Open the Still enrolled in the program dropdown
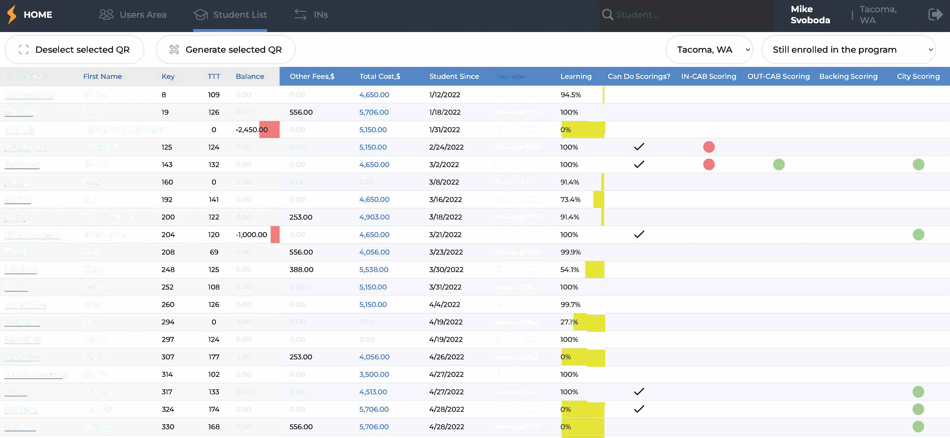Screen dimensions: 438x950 [848, 49]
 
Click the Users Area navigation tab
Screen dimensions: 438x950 [133, 15]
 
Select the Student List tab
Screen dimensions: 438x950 [230, 15]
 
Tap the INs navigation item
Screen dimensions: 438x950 [311, 15]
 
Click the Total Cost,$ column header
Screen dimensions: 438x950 [379, 76]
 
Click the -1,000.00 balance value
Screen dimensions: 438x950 [251, 235]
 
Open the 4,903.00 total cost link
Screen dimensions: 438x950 [374, 217]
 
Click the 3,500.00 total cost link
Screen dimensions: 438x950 [374, 374]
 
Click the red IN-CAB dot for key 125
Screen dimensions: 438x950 [708, 147]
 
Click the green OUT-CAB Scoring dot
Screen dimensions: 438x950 [778, 165]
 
